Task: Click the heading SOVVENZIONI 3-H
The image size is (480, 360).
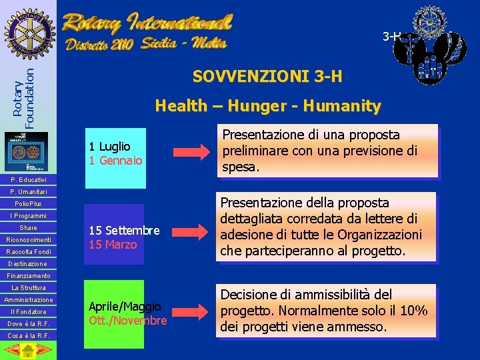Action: click(x=267, y=77)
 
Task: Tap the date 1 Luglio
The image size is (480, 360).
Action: click(x=109, y=146)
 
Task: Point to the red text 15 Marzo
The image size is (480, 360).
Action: click(x=112, y=245)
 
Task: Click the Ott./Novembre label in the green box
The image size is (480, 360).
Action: click(x=127, y=321)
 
